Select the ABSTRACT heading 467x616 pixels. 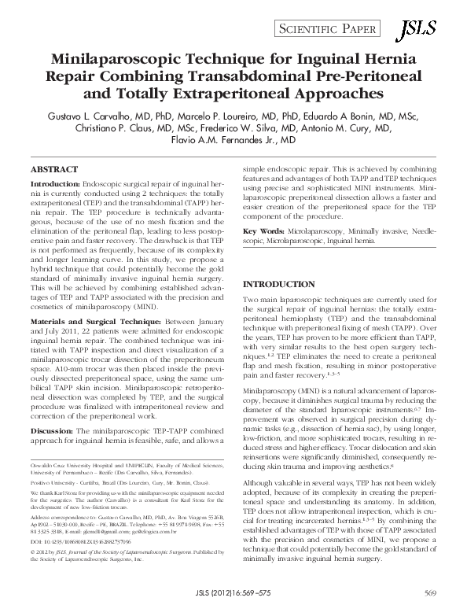55,169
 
